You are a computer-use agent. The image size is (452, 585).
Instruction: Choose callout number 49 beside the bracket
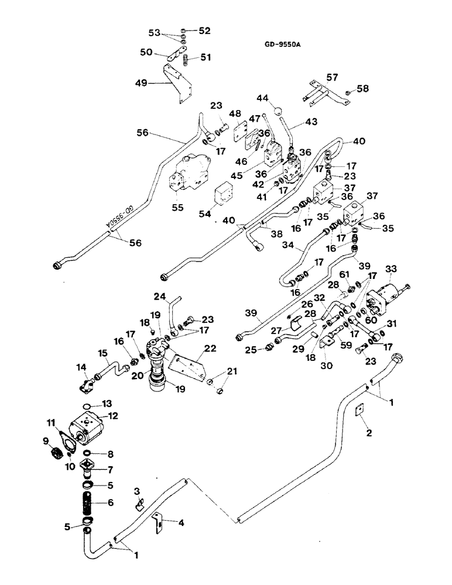tap(141, 84)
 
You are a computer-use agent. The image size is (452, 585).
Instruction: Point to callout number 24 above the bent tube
tap(161, 295)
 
